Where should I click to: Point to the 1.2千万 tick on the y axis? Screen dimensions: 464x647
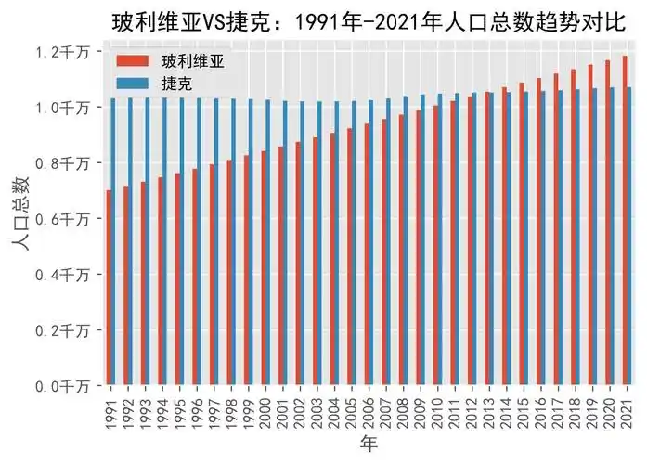click(x=63, y=53)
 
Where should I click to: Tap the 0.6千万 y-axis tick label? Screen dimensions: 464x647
click(x=63, y=219)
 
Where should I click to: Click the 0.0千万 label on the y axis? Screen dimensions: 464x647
click(x=63, y=385)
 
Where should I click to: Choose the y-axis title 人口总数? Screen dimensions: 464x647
click(x=20, y=218)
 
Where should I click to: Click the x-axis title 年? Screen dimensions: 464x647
click(x=369, y=445)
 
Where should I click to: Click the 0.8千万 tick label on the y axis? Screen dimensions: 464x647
click(x=63, y=163)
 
